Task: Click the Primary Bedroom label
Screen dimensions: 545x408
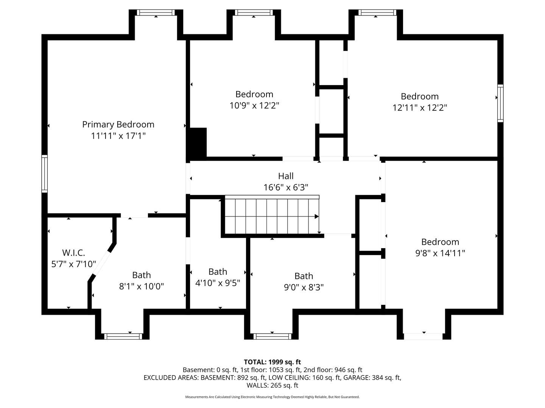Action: point(118,124)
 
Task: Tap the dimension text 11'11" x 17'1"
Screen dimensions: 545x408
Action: point(118,136)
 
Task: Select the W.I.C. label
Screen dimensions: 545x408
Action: point(73,253)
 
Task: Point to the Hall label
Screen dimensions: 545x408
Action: point(286,176)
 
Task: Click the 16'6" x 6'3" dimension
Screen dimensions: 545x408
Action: point(286,187)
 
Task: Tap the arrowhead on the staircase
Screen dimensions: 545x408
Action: point(316,216)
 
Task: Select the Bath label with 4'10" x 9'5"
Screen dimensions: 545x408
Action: point(218,272)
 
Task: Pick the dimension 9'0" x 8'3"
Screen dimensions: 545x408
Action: point(304,287)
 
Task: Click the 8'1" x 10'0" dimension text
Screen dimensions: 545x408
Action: point(142,286)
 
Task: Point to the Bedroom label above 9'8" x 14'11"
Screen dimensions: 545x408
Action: point(440,242)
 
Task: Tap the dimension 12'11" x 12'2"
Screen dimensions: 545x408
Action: point(420,108)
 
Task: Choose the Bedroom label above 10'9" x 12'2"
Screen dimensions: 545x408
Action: point(254,94)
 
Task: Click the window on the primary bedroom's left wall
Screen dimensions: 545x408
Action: point(44,174)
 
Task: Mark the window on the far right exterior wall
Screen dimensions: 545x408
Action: point(501,103)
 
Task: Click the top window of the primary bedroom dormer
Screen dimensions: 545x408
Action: point(156,12)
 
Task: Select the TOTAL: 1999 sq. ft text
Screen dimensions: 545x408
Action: point(272,362)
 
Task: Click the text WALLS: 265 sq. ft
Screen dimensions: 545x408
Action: point(272,385)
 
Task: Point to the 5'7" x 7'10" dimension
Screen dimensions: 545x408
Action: point(73,264)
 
